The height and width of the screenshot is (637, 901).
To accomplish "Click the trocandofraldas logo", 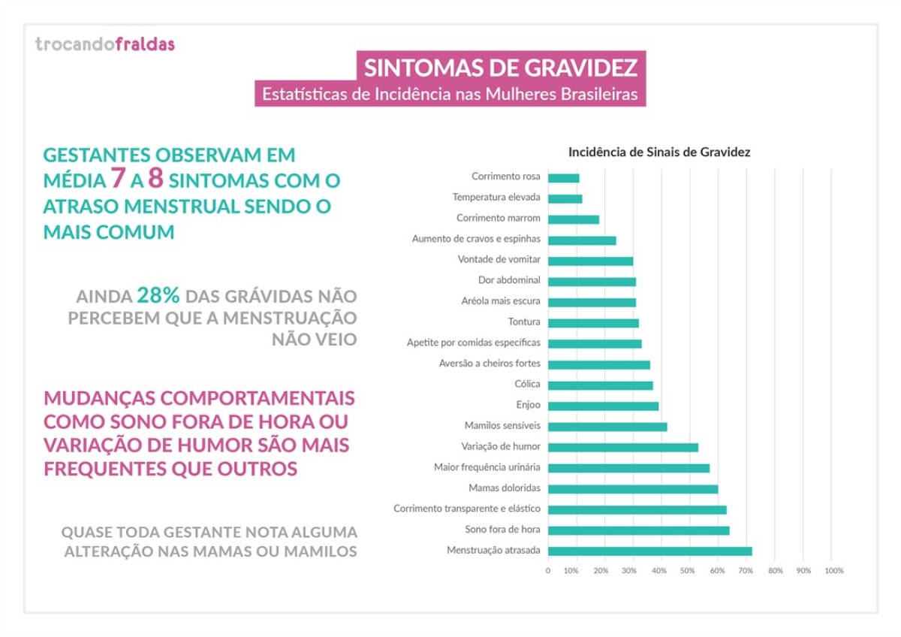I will [x=105, y=44].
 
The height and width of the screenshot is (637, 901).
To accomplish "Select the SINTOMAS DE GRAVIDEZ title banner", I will [x=501, y=68].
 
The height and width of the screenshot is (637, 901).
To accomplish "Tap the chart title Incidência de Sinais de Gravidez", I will [x=659, y=152].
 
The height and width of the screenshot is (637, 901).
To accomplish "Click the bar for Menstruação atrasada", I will [x=649, y=551].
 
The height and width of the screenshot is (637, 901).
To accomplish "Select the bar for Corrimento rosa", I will [x=564, y=178].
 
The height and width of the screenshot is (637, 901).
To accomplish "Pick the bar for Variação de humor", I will [x=623, y=447].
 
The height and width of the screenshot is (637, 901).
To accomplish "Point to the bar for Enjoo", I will [x=603, y=406].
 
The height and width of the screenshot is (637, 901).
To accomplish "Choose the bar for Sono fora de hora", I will [x=638, y=530].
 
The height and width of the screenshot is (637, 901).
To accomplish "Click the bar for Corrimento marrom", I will [x=574, y=219].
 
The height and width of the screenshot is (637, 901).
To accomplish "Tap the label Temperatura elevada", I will [x=496, y=198].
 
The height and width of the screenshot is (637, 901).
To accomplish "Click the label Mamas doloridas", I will [x=505, y=488].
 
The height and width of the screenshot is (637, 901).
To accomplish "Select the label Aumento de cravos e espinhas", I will [x=476, y=239].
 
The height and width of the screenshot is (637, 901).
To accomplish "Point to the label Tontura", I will [x=524, y=322].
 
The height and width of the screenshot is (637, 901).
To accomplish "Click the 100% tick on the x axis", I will [x=833, y=571].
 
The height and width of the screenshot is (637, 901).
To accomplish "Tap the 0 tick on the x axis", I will [x=548, y=571].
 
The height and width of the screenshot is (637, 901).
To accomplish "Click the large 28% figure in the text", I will [x=158, y=296].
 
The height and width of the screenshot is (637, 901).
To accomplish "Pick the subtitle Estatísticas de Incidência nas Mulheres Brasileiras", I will [x=450, y=95].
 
